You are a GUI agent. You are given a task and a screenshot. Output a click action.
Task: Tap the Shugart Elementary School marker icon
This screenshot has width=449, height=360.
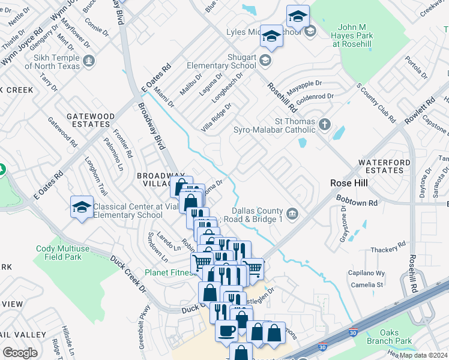(265, 61)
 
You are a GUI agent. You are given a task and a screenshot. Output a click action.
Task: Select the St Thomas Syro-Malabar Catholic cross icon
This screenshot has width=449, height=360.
(325, 125)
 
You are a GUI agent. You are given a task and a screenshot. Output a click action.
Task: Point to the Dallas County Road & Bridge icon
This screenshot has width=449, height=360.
(292, 213)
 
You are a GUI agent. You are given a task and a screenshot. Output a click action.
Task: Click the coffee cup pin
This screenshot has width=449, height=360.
(226, 331)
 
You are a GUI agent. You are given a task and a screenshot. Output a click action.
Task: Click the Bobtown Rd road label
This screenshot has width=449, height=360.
(357, 203)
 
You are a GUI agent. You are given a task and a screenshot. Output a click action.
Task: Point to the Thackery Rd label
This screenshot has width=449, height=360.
(388, 248)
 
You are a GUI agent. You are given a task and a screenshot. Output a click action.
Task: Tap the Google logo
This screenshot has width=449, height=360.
(20, 352)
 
